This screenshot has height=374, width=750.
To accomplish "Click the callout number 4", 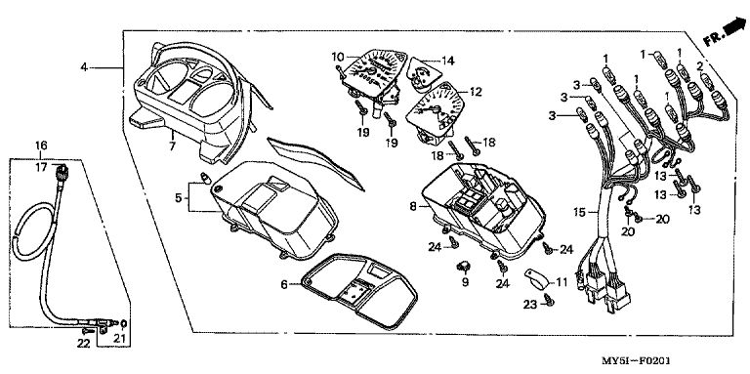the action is (84, 67).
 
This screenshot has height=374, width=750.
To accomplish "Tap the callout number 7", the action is (173, 145).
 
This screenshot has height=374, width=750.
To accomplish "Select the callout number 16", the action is (41, 145).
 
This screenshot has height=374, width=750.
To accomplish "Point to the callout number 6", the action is (283, 284).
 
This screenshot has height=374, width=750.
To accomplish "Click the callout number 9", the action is (466, 282).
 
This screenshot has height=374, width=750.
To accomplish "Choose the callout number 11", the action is (562, 282).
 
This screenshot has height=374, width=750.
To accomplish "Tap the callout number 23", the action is (529, 304).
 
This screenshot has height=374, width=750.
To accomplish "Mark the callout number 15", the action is (580, 212).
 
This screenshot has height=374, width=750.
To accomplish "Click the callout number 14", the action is (447, 61).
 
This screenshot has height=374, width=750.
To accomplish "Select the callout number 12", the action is (476, 92).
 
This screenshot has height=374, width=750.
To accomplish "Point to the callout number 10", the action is (338, 58).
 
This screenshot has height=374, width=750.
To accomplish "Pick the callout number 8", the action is (413, 207).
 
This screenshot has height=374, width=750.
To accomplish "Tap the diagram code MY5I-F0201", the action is (636, 360).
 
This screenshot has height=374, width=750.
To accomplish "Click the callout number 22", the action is (84, 343).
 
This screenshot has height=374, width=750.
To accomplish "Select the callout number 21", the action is (118, 339).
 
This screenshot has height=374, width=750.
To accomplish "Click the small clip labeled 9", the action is (464, 266).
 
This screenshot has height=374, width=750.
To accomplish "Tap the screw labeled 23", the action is (549, 300).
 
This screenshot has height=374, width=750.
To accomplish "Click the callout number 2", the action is (699, 66).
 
